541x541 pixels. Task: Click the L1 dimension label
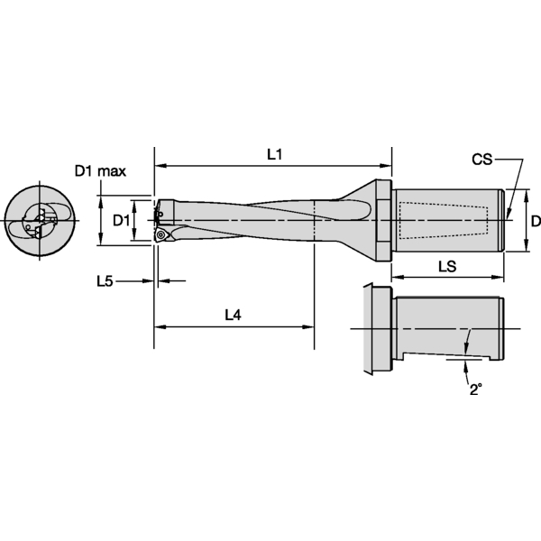[275, 154]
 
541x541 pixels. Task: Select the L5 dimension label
[105, 281]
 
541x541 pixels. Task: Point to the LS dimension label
[445, 267]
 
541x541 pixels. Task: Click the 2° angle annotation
[474, 390]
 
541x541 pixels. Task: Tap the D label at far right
[534, 220]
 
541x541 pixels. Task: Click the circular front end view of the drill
[37, 220]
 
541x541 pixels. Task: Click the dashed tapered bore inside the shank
[442, 220]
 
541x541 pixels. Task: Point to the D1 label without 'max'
[122, 220]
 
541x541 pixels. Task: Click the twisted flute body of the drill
[261, 220]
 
